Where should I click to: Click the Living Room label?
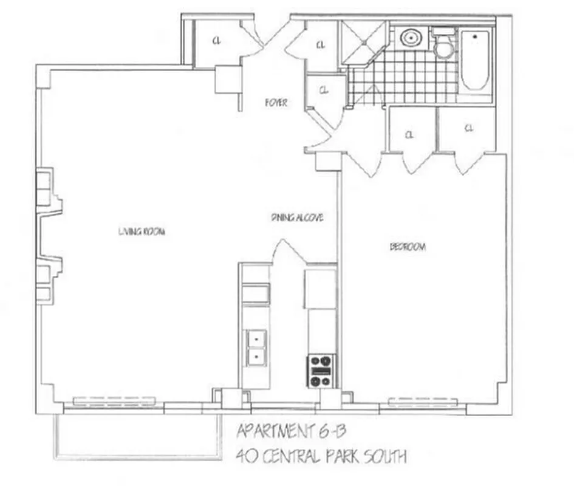[141, 231]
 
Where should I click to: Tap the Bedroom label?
[407, 247]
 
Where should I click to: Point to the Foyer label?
[275, 103]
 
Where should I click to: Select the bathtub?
[475, 61]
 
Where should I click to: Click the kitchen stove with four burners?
[321, 370]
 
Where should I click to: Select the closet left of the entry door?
[216, 41]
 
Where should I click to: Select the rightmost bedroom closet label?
[468, 128]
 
